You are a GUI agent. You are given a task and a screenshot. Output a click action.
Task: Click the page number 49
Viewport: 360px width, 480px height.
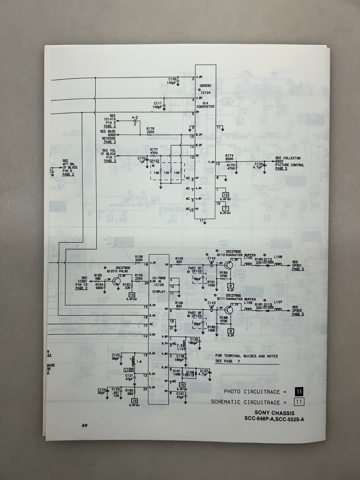click(x=84, y=425)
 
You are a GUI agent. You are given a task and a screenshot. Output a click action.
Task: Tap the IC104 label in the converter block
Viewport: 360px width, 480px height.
click(x=205, y=93)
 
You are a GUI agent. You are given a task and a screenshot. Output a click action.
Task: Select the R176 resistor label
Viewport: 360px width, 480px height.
click(x=151, y=129)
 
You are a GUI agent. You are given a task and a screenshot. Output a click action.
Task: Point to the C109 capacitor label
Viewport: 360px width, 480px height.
click(x=172, y=79)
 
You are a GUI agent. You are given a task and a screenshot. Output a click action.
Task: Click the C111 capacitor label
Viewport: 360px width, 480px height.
click(x=157, y=103)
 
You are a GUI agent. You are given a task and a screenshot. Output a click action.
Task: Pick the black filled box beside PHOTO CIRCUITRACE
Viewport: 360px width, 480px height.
click(x=299, y=391)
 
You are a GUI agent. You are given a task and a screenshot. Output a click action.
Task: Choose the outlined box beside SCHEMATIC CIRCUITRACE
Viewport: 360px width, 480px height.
click(x=299, y=402)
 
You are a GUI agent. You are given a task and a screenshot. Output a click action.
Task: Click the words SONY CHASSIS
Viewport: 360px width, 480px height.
click(x=274, y=413)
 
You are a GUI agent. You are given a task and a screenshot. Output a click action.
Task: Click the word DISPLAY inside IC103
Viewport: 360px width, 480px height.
click(x=159, y=292)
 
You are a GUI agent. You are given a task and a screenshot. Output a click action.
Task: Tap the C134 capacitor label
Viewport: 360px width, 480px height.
click(x=258, y=164)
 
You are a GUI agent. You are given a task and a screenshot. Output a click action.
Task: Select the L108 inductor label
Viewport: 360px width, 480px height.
click(x=278, y=257)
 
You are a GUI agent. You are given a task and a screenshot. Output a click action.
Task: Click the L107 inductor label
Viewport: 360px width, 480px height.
click(x=278, y=302)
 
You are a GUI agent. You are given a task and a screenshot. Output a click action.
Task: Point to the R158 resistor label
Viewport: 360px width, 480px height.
click(x=139, y=257)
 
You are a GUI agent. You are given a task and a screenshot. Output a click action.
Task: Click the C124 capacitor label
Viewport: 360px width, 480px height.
click(x=101, y=389)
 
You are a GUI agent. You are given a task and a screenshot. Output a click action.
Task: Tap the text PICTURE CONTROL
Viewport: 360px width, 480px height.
click(x=289, y=165)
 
